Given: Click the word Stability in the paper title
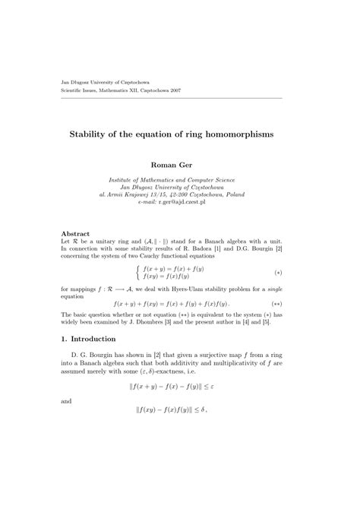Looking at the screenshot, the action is (x=110, y=134).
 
